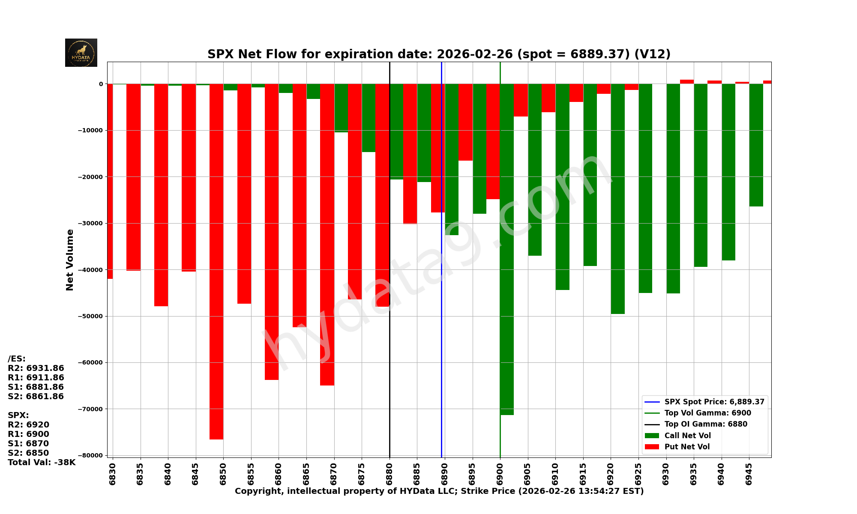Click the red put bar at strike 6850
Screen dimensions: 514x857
click(x=216, y=261)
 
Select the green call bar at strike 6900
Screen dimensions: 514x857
click(x=507, y=248)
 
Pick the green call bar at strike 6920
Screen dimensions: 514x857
click(x=617, y=199)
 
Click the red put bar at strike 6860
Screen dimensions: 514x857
click(x=272, y=232)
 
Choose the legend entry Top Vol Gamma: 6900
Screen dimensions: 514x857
click(x=707, y=413)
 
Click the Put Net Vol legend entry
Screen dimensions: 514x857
click(x=687, y=447)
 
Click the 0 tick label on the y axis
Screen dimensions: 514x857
click(x=101, y=84)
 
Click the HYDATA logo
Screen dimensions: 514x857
click(x=81, y=53)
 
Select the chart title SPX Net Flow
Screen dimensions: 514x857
click(x=439, y=54)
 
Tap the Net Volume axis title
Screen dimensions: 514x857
click(x=70, y=260)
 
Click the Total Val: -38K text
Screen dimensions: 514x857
click(x=42, y=463)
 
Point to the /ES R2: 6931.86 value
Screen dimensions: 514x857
click(x=36, y=368)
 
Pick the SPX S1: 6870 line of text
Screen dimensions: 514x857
click(x=28, y=444)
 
